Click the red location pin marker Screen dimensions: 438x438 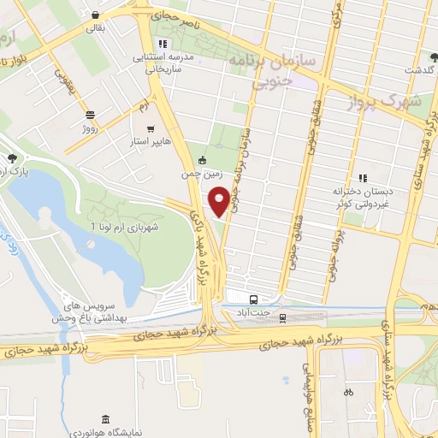tap(220, 200)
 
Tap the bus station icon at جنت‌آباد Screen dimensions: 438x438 tap(253, 299)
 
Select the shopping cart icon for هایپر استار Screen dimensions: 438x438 tap(151, 128)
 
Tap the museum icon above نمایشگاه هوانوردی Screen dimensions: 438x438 tap(105, 418)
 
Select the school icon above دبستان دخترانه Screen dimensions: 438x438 tap(363, 178)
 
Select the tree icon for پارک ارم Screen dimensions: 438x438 tap(12, 158)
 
